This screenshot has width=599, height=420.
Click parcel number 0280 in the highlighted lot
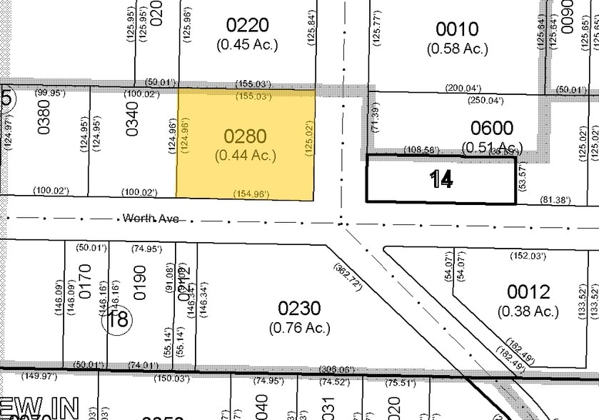[x=245, y=136]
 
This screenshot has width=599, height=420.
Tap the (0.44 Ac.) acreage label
[x=246, y=156]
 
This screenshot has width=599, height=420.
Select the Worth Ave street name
[x=150, y=218]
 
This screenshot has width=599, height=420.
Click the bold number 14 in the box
[x=441, y=180]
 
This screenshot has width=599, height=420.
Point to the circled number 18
[x=118, y=319]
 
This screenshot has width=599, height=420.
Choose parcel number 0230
[x=299, y=309]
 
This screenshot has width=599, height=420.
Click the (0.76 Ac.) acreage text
[x=299, y=328]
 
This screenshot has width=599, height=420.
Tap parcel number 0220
[x=247, y=26]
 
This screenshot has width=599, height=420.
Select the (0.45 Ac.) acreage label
[x=247, y=44]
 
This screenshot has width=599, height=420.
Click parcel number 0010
[x=457, y=29]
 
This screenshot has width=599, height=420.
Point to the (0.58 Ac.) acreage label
[x=458, y=49]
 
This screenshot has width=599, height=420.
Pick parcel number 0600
[x=492, y=129]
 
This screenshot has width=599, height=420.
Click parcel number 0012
[x=528, y=291]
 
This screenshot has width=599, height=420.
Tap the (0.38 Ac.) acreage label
[x=528, y=311]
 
